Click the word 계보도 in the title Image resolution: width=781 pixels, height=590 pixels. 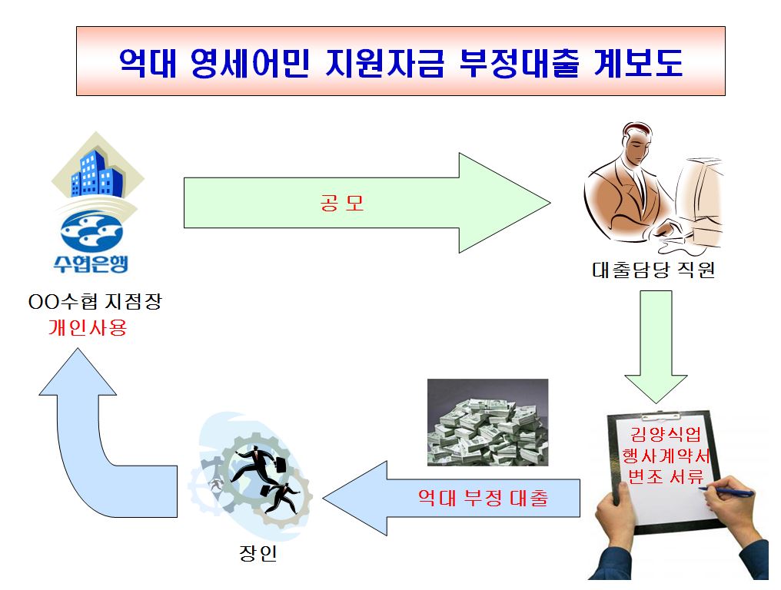(x=639, y=63)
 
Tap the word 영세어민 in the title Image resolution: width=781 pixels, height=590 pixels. (x=250, y=63)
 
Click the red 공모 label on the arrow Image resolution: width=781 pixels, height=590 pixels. (x=341, y=203)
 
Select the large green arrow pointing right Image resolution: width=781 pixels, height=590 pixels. (x=367, y=203)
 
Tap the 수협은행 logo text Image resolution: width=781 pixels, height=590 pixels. (x=91, y=264)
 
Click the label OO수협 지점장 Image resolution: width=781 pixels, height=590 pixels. (x=95, y=302)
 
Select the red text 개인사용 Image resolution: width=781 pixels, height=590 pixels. (x=88, y=327)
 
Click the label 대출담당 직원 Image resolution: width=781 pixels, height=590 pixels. (x=653, y=270)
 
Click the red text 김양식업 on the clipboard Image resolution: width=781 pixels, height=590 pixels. (x=666, y=435)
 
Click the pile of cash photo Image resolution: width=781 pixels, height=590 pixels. (x=488, y=423)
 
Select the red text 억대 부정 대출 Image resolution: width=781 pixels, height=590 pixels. (x=484, y=497)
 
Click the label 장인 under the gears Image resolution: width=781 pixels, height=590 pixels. (x=258, y=552)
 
